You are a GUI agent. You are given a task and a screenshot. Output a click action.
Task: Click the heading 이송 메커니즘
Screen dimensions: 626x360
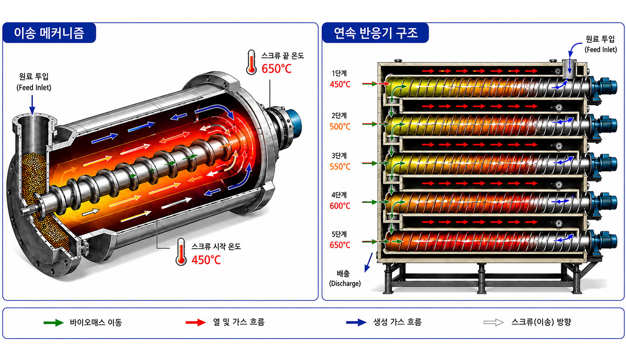pyautogui.click(x=49, y=33)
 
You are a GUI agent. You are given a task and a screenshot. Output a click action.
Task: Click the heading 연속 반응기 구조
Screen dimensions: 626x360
pyautogui.click(x=376, y=33)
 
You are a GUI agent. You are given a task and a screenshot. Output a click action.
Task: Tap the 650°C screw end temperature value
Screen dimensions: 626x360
pyautogui.click(x=276, y=69)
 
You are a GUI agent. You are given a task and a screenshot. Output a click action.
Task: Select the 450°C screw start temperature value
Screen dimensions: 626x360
pyautogui.click(x=206, y=260)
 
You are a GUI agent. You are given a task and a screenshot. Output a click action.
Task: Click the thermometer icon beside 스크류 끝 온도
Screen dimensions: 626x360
pyautogui.click(x=251, y=62)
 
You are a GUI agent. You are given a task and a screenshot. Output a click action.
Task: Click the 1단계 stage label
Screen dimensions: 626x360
pyautogui.click(x=339, y=73)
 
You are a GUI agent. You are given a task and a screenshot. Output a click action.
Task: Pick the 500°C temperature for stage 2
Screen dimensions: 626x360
pyautogui.click(x=340, y=127)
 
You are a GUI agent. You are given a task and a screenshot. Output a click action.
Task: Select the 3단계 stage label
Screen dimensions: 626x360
pyautogui.click(x=339, y=156)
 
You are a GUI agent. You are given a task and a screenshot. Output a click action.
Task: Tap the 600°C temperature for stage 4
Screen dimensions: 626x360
pyautogui.click(x=340, y=206)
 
